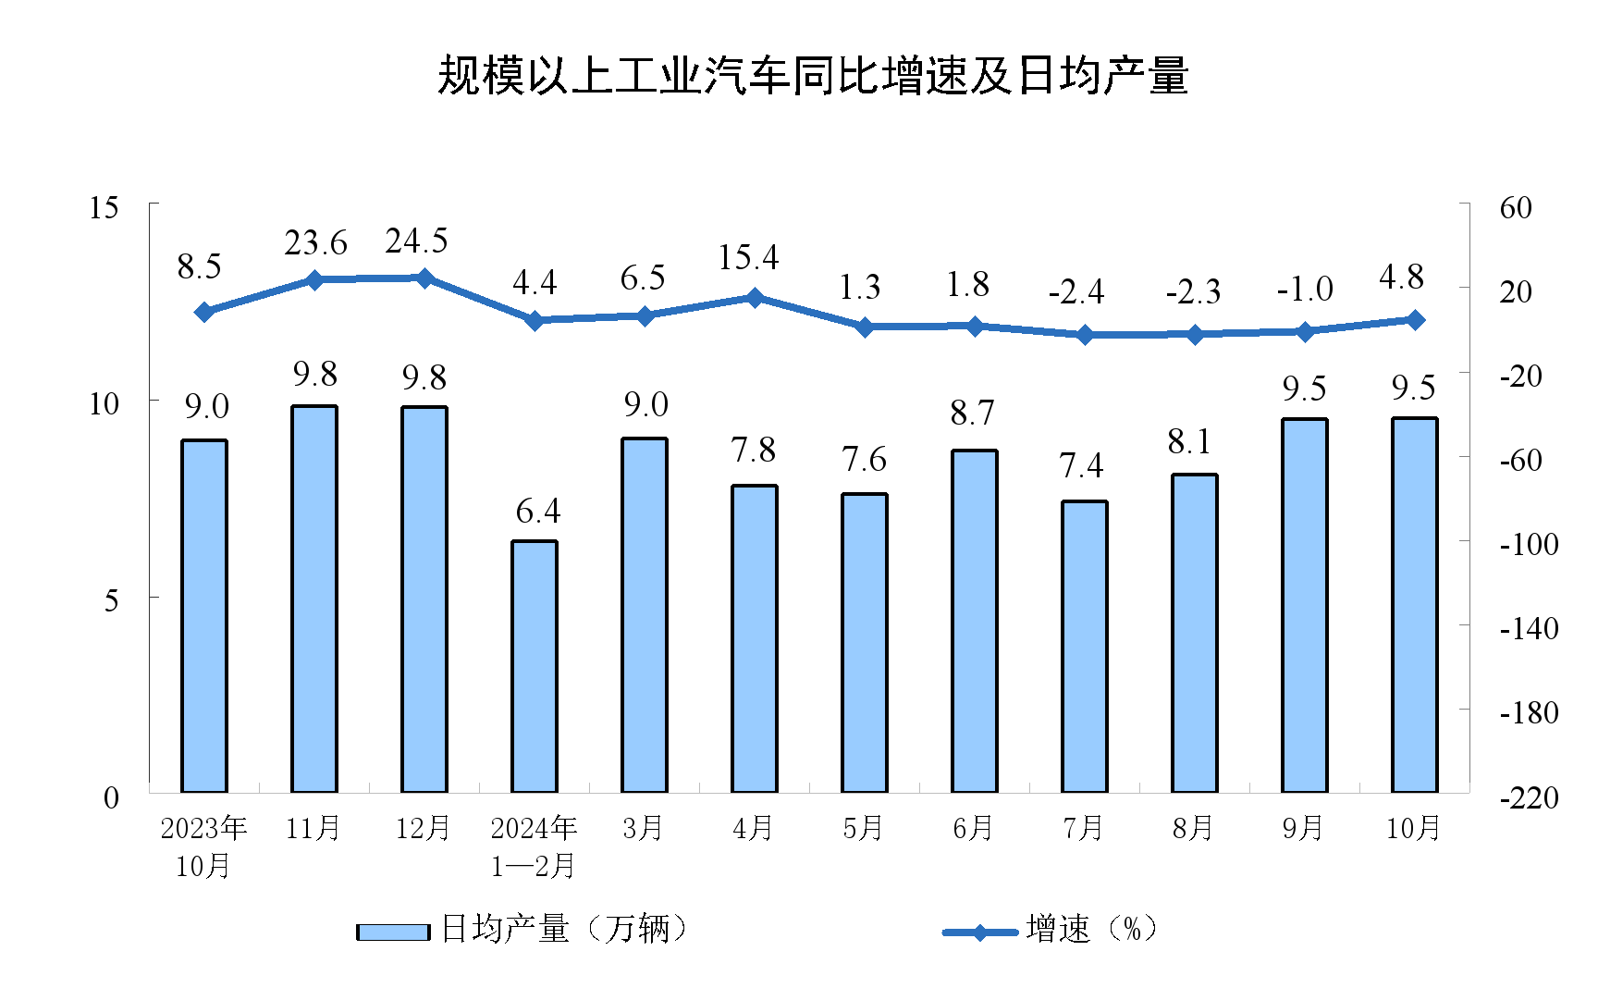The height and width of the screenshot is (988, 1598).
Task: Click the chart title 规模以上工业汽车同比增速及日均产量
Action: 812,76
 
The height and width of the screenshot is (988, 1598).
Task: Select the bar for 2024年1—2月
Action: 535,666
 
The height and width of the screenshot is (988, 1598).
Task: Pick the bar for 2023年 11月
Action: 314,599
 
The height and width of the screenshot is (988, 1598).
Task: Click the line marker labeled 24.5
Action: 424,278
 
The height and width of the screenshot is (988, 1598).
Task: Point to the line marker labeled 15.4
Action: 755,298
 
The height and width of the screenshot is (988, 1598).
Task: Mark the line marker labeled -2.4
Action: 1085,334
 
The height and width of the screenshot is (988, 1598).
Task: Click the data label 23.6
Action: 315,243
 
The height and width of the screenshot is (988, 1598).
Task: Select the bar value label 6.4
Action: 537,511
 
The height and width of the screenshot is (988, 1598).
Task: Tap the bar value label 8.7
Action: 972,413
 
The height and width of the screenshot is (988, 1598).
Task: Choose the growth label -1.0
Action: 1304,290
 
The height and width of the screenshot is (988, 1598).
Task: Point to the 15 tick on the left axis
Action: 104,207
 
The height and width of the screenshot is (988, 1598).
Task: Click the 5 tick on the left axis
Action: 112,600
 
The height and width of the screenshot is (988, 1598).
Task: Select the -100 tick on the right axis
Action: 1528,544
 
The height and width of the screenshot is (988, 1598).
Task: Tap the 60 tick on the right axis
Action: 1516,207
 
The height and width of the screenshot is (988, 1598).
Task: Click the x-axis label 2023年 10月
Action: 203,846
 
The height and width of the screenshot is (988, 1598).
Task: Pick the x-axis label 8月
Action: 1193,828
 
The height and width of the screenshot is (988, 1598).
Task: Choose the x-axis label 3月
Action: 643,828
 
